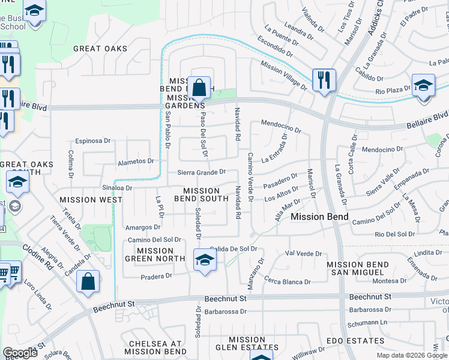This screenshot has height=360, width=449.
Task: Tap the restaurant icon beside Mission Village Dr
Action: click(324, 79)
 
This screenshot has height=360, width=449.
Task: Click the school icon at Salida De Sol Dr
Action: click(205, 260)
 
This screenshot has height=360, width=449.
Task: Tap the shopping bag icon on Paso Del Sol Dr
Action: click(200, 88)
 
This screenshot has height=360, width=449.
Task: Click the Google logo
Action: click(20, 353)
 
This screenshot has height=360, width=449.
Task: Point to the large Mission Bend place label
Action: click(316, 217)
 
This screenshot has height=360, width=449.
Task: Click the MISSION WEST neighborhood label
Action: click(91, 199)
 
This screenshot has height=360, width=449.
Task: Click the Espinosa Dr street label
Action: click(93, 141)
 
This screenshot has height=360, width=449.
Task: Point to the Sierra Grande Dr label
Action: click(201, 172)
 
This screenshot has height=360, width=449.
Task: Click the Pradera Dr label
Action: click(156, 276)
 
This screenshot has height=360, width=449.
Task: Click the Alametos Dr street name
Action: click(136, 161)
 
